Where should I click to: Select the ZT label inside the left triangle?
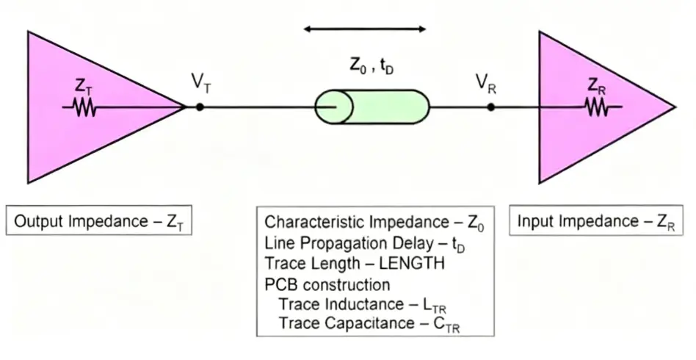pos(84,86)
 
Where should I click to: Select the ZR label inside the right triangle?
pos(596,86)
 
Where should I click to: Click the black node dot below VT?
pos(200,107)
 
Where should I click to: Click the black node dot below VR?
pos(490,107)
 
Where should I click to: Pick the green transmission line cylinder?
pos(371,107)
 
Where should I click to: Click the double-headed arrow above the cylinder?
pos(365,29)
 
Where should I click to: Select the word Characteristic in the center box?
pos(310,222)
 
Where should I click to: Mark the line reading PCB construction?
pos(327,284)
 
